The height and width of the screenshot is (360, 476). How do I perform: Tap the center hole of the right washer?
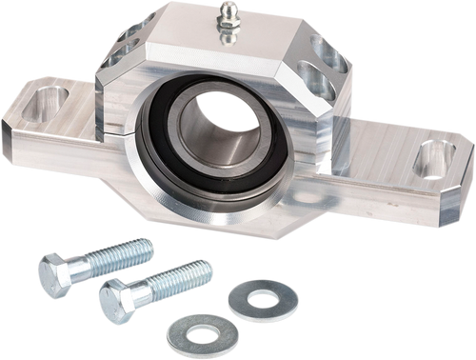[263, 298]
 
